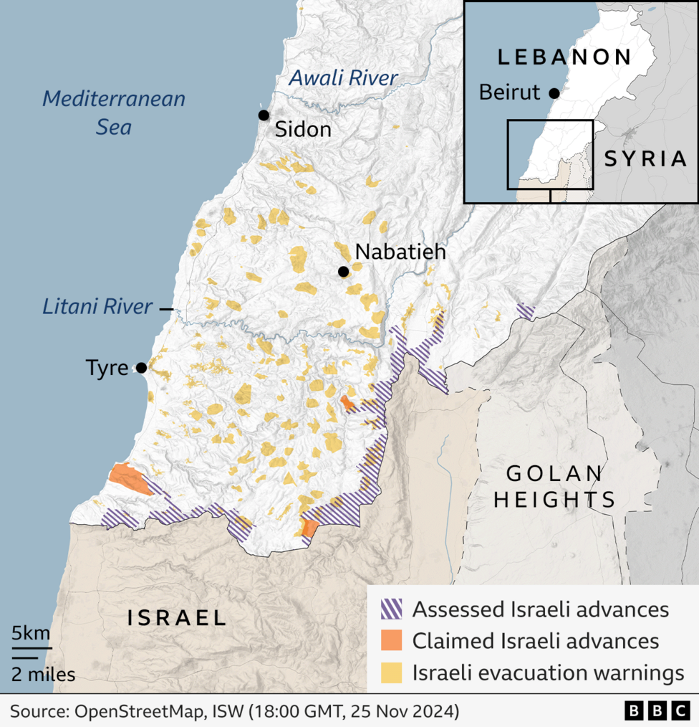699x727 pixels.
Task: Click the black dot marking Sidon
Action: pyautogui.click(x=264, y=115)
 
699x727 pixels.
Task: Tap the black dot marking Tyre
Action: pyautogui.click(x=141, y=368)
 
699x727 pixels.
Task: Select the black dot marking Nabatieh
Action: pyautogui.click(x=344, y=271)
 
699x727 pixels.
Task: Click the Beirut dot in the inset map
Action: pyautogui.click(x=554, y=93)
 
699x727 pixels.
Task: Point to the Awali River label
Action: pyautogui.click(x=342, y=78)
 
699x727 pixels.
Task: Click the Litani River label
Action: pyautogui.click(x=97, y=308)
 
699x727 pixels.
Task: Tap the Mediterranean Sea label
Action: pyautogui.click(x=114, y=113)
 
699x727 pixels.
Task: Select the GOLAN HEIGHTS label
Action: pyautogui.click(x=554, y=486)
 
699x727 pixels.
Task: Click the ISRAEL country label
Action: pyautogui.click(x=176, y=617)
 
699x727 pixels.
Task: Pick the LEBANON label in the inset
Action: pyautogui.click(x=564, y=57)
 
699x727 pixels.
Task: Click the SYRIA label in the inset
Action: pyautogui.click(x=645, y=158)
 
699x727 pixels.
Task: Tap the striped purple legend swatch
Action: pyautogui.click(x=390, y=609)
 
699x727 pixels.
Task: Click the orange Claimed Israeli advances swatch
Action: pyautogui.click(x=390, y=640)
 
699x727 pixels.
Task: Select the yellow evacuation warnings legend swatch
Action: pyautogui.click(x=390, y=672)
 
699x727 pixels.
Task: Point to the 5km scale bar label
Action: pyautogui.click(x=31, y=633)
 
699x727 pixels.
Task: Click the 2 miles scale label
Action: pyautogui.click(x=43, y=674)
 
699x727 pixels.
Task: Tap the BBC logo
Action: pyautogui.click(x=657, y=711)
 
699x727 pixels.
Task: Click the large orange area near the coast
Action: pyautogui.click(x=127, y=478)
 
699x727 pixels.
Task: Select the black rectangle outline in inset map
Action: pyautogui.click(x=550, y=154)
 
